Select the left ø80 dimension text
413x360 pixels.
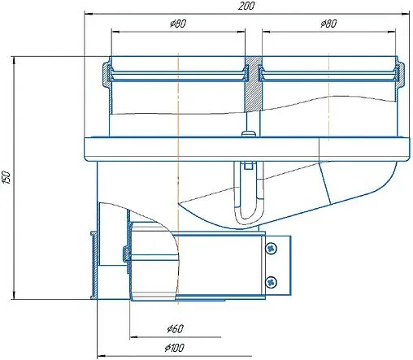[x=178, y=24]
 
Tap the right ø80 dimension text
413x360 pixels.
[x=328, y=24]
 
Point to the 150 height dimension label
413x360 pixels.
[x=7, y=178]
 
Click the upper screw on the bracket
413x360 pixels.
[x=271, y=247]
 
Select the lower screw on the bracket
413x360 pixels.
[x=271, y=281]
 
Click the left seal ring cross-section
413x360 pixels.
[x=106, y=75]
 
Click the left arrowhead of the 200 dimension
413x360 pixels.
[x=87, y=14]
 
